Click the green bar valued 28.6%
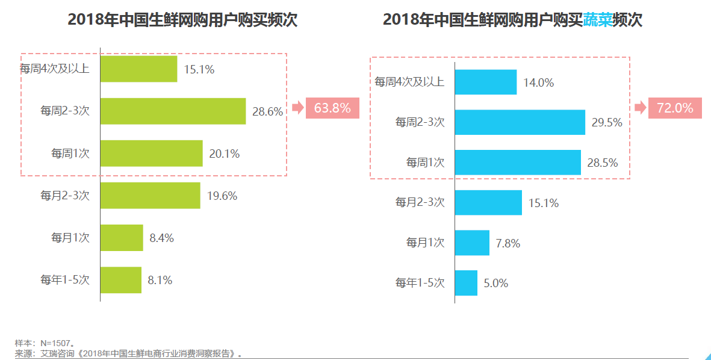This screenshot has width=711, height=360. [x=173, y=111]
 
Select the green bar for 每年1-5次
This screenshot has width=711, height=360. [x=121, y=280]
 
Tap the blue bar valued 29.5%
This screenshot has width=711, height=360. [x=520, y=122]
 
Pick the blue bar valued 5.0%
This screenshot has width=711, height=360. [x=466, y=283]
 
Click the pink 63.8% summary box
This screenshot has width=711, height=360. [x=332, y=108]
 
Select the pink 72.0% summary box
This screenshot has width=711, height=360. [x=675, y=108]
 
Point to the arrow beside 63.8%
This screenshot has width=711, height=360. [x=297, y=108]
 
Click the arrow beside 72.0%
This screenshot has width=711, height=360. [x=640, y=108]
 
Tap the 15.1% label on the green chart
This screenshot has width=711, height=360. [x=199, y=69]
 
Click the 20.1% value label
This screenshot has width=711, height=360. [x=224, y=154]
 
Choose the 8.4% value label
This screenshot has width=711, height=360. [x=161, y=238]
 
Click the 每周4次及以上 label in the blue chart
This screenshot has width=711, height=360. [x=409, y=82]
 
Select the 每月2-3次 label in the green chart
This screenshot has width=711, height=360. [x=65, y=196]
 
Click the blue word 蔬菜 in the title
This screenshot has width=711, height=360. [x=598, y=20]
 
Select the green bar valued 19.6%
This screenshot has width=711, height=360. [x=150, y=196]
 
